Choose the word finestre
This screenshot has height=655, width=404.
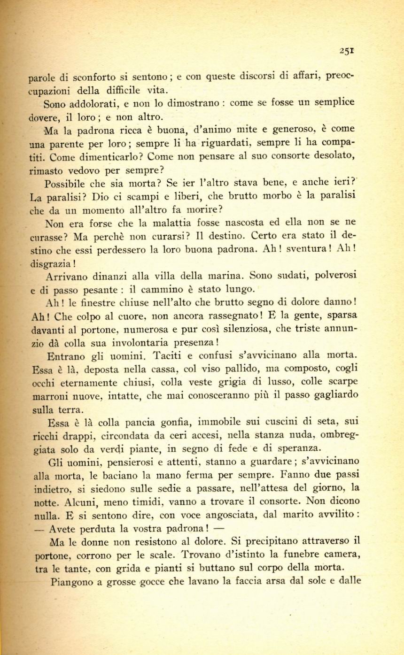pyautogui.click(x=96, y=303)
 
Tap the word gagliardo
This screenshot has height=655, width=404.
pyautogui.click(x=336, y=395)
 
